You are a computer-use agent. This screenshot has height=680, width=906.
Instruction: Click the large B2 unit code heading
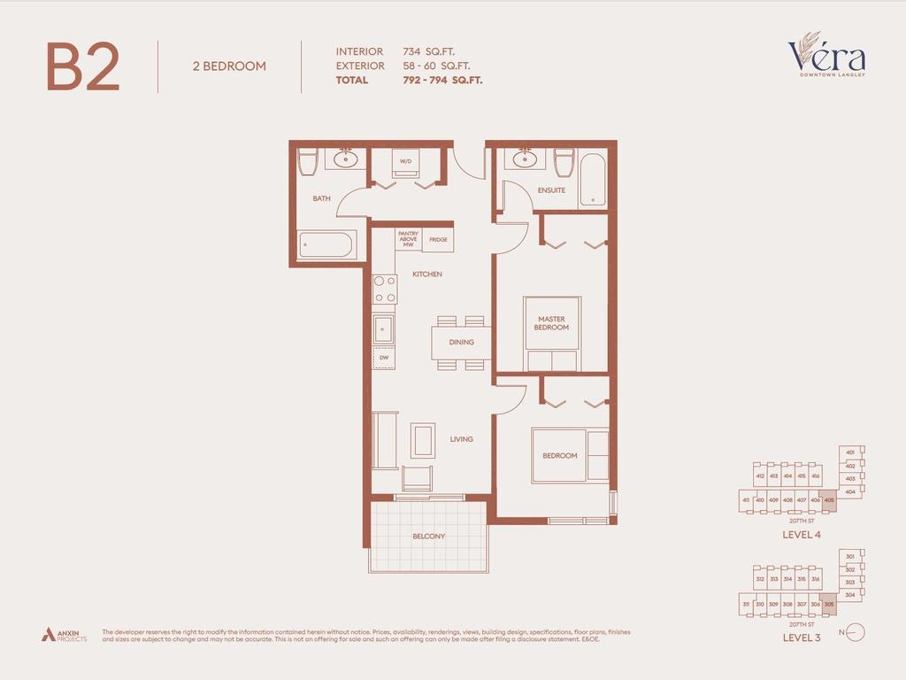click(x=82, y=67)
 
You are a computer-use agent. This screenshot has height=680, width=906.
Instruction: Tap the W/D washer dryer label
click(x=406, y=161)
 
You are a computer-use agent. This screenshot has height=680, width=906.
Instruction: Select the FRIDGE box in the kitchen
click(x=438, y=239)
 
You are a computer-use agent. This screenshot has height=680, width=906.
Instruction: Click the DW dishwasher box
click(x=384, y=358)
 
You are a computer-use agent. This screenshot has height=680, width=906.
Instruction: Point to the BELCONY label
click(x=428, y=537)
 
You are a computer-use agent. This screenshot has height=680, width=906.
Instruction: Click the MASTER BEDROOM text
click(x=551, y=323)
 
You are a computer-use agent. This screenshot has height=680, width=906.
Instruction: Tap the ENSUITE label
click(x=551, y=190)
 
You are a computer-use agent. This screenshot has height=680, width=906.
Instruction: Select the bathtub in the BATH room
click(x=326, y=244)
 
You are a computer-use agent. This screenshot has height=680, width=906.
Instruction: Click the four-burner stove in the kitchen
click(x=385, y=289)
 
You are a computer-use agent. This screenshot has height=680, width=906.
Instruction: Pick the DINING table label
click(x=461, y=342)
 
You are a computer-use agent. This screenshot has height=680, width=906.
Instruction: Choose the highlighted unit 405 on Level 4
click(x=829, y=500)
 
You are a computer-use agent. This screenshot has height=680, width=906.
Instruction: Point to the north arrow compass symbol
click(x=855, y=632)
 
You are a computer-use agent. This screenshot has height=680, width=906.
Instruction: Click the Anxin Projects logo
click(x=64, y=634)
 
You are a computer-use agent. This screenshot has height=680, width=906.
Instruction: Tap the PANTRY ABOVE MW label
click(x=408, y=239)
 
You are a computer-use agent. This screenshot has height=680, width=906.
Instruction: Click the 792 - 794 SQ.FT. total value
click(x=442, y=80)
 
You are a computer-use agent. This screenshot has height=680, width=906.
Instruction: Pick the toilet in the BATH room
click(x=307, y=161)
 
